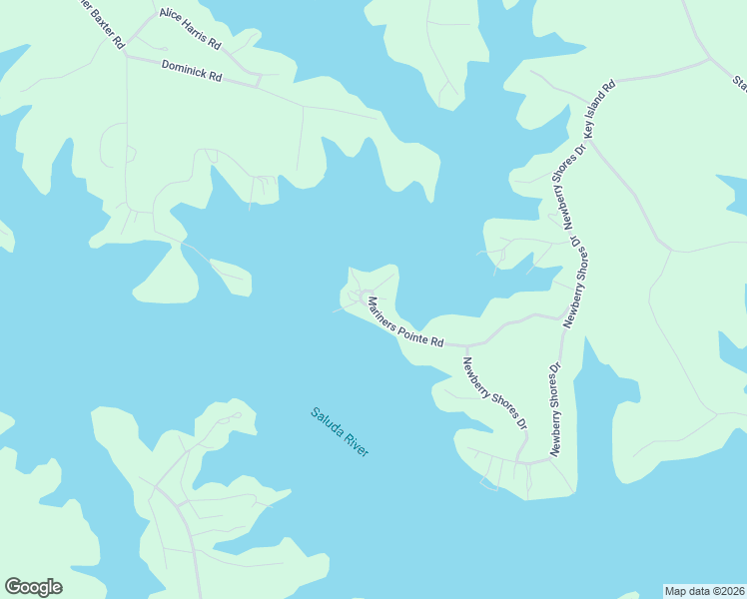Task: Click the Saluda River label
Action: tap(340, 431)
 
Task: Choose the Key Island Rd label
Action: tap(601, 107)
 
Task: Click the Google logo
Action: tap(33, 587)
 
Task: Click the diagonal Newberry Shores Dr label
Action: tap(493, 393)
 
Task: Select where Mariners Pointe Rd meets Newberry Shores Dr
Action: tap(466, 345)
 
